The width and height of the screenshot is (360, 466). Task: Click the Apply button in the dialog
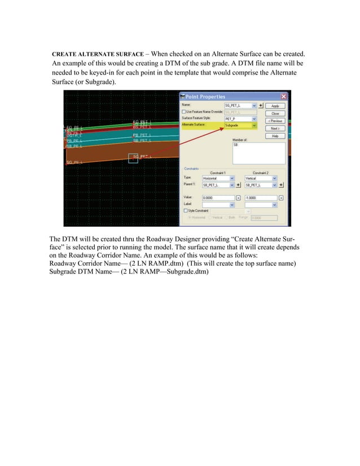pyautogui.click(x=275, y=105)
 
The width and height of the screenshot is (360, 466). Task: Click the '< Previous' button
pyautogui.click(x=275, y=121)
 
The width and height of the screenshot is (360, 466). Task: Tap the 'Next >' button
pyautogui.click(x=275, y=128)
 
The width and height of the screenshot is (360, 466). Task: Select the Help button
pyautogui.click(x=275, y=136)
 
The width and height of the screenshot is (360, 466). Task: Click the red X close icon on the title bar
pyautogui.click(x=283, y=96)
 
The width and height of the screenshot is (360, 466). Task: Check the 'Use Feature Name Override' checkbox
pyautogui.click(x=183, y=112)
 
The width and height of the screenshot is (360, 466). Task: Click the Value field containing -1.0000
pyautogui.click(x=261, y=198)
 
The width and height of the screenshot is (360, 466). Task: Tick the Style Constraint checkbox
pyautogui.click(x=183, y=211)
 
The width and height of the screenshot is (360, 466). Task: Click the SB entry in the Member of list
pyautogui.click(x=236, y=145)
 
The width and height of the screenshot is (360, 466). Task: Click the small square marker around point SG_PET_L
pyautogui.click(x=133, y=158)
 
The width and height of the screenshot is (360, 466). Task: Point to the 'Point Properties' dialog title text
pyautogui.click(x=205, y=97)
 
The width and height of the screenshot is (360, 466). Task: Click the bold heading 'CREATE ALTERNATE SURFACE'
pyautogui.click(x=98, y=54)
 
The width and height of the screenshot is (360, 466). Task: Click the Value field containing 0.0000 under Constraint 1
pyautogui.click(x=218, y=198)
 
